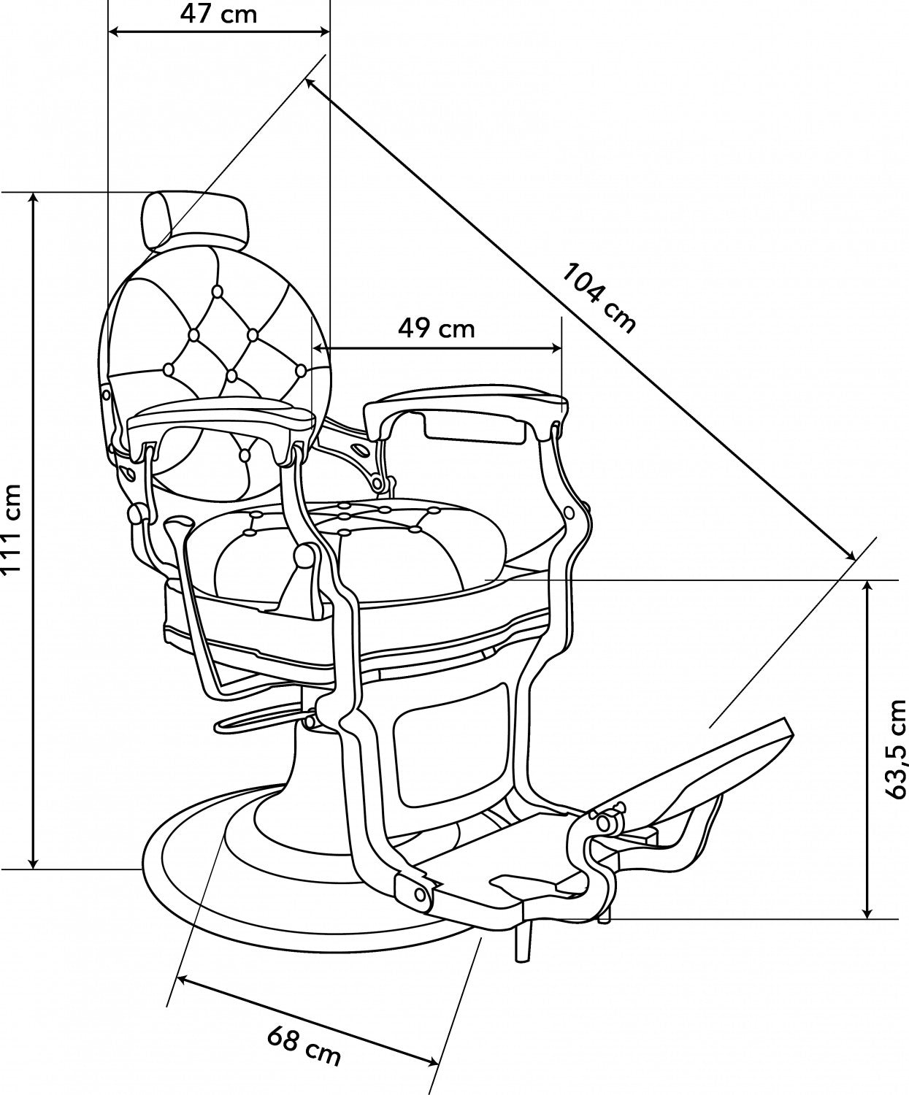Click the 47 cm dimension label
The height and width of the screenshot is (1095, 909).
pos(219,14)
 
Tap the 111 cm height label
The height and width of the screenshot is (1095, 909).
pos(12,528)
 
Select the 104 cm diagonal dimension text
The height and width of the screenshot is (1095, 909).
pos(599,298)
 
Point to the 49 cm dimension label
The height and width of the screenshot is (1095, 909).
pos(437,328)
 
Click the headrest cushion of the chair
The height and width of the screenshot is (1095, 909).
pos(195,219)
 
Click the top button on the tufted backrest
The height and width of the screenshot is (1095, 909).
pos(216,291)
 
